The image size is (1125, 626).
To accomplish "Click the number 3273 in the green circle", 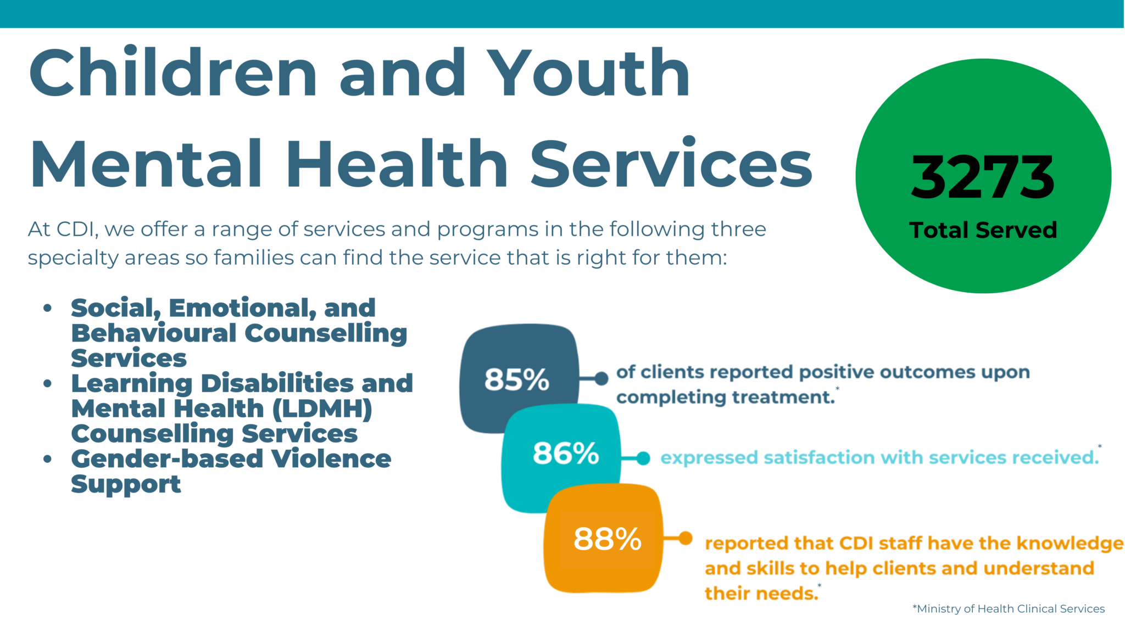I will click(x=983, y=177).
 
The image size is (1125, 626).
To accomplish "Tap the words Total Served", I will click(x=983, y=230).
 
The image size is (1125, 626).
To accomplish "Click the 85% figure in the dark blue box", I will click(x=516, y=379).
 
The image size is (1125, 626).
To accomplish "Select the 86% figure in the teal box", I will click(x=565, y=454).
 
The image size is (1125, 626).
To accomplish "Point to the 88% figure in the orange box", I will click(x=608, y=539).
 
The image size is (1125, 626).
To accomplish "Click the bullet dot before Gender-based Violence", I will click(x=48, y=459).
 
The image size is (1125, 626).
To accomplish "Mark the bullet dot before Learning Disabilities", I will click(x=48, y=383).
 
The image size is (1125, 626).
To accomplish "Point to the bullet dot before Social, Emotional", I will click(x=48, y=308).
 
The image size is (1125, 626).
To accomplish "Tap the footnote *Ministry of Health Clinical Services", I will click(x=1008, y=608).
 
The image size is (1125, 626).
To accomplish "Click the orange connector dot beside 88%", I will click(x=685, y=538).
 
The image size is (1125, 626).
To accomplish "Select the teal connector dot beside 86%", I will click(x=643, y=458).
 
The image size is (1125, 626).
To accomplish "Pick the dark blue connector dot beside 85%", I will click(x=602, y=378).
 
